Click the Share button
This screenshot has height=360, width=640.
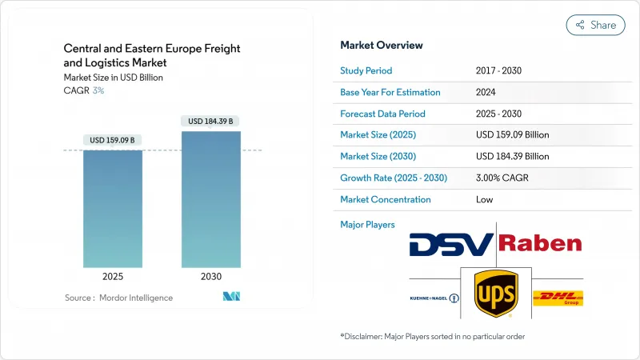tap(596, 25)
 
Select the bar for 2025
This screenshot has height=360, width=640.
tap(113, 208)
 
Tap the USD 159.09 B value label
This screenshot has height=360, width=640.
tap(113, 140)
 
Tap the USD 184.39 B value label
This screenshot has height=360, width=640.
tap(211, 121)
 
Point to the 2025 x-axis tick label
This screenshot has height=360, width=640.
tap(113, 277)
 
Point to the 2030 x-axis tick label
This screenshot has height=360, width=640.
tap(211, 277)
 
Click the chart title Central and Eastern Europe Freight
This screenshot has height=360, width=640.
tap(152, 49)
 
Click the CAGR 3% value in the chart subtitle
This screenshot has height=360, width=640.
tap(98, 90)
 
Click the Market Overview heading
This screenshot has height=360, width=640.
tap(382, 45)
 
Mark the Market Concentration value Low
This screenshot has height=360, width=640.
tap(484, 199)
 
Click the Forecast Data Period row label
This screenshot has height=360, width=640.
tap(382, 114)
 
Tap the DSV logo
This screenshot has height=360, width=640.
tap(451, 243)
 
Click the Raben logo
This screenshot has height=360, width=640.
tap(540, 243)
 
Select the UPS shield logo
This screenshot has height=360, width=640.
tap(495, 293)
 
